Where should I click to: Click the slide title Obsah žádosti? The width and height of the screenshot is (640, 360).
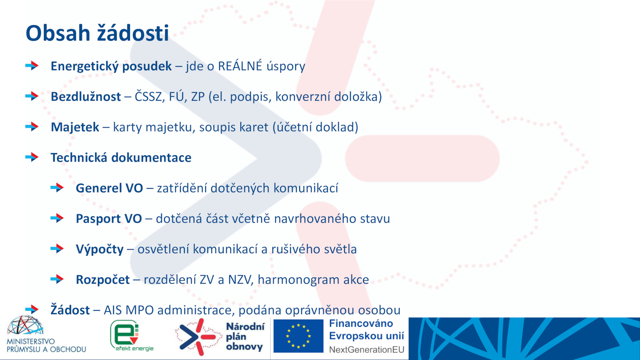coord(98,33)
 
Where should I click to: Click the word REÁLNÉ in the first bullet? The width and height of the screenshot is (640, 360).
coord(240,66)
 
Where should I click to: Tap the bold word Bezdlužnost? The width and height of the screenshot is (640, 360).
coord(86,96)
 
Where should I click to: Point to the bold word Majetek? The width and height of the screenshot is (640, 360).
coord(75,127)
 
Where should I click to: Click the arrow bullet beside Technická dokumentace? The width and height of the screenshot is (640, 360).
coord(32,157)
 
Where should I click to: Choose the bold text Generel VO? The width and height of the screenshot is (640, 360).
coord(110,188)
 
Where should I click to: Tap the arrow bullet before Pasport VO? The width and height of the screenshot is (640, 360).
coord(57,218)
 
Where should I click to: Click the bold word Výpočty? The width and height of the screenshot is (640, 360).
coord(100,249)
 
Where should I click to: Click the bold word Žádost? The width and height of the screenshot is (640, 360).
coord(70,310)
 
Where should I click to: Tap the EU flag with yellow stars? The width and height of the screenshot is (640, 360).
coord(298,336)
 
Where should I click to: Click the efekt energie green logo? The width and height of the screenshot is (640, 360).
coord(132,336)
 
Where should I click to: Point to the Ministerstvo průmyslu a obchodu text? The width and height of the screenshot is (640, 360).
coord(46,345)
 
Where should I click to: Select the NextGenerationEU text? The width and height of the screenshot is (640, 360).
coord(366,350)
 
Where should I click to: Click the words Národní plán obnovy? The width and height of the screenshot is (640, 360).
coord(245,336)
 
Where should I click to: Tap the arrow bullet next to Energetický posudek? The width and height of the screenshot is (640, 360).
coord(32,66)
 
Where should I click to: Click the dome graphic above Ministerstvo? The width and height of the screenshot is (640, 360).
coord(25,325)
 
